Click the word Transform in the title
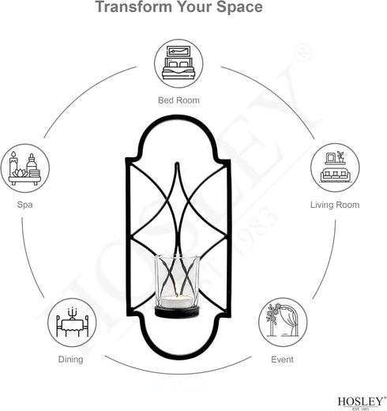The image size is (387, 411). pyautogui.click(x=133, y=6)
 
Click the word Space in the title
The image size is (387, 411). pyautogui.click(x=239, y=7)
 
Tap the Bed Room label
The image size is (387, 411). pyautogui.click(x=178, y=100)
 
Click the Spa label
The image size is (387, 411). pyautogui.click(x=24, y=205)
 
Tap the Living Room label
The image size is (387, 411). pyautogui.click(x=335, y=205)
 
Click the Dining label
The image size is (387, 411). pyautogui.click(x=70, y=360)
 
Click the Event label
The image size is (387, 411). pyautogui.click(x=282, y=360)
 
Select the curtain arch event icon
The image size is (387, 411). pyautogui.click(x=283, y=320)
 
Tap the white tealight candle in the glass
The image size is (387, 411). pyautogui.click(x=177, y=301)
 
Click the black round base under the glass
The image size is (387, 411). pyautogui.click(x=177, y=312)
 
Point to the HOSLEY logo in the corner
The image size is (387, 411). pyautogui.click(x=360, y=403)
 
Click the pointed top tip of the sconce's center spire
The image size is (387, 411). pyautogui.click(x=177, y=163)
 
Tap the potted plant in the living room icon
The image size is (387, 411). pyautogui.click(x=340, y=156)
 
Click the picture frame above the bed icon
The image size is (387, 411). pyautogui.click(x=178, y=51)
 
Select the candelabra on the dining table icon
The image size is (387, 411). pyautogui.click(x=72, y=313)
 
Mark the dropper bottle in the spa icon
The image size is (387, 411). pyautogui.click(x=32, y=164)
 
